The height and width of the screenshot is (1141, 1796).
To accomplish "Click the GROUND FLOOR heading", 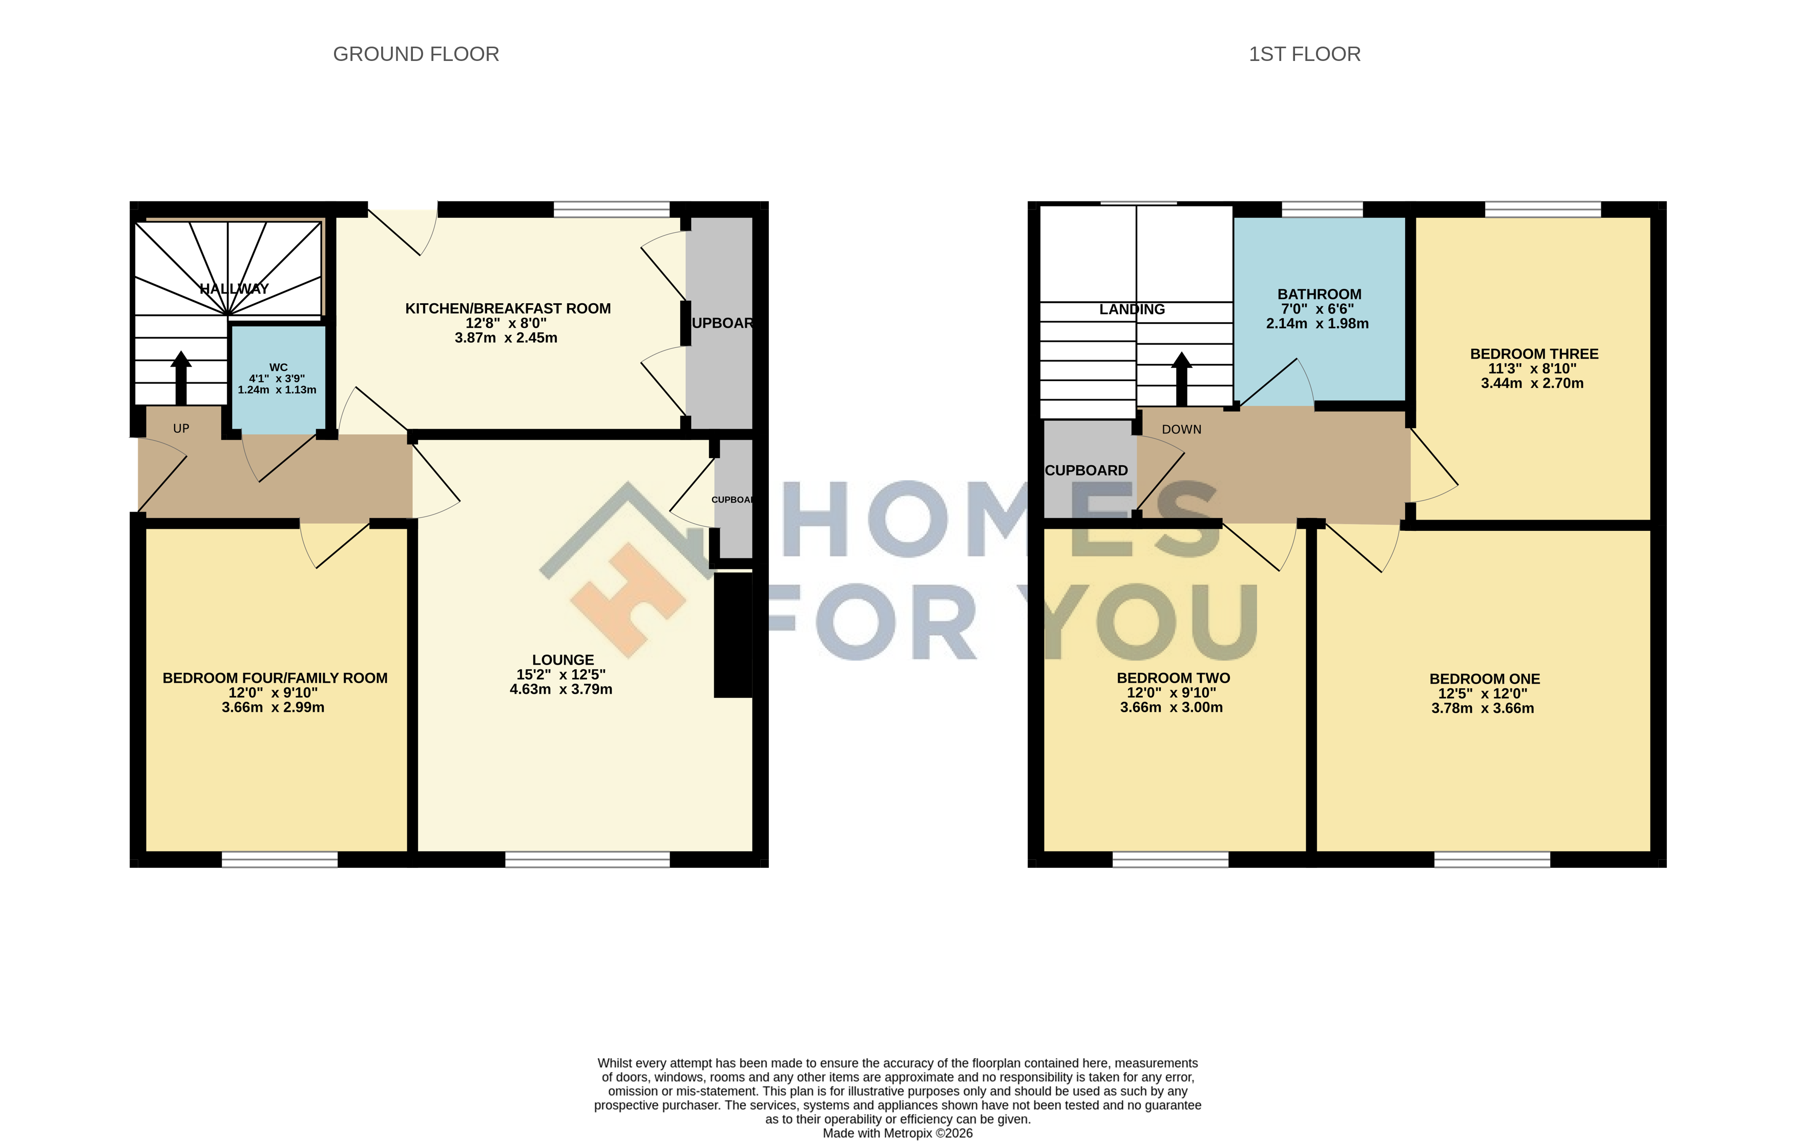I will click(x=415, y=54).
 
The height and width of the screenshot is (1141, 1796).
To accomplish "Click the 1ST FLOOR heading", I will click(x=1305, y=54).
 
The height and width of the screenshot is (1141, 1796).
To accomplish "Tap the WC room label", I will click(x=278, y=367).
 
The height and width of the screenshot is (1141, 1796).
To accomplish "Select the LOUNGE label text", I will click(x=563, y=660).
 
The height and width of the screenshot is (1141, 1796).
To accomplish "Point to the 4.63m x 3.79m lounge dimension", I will click(x=561, y=690).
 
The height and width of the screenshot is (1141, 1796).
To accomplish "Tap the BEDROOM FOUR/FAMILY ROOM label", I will click(x=275, y=678).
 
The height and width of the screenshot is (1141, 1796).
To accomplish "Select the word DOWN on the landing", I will click(x=1181, y=429).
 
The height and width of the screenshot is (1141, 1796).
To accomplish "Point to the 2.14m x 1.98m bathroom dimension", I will click(x=1317, y=324).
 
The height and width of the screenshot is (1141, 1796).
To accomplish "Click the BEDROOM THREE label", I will click(x=1534, y=354).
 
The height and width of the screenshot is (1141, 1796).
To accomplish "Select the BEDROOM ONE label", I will click(x=1484, y=679).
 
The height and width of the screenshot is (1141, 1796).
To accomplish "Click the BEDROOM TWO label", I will click(x=1173, y=678).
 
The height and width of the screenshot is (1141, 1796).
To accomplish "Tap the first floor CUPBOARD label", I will click(x=1086, y=470).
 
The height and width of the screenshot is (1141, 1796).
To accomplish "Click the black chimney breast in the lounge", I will click(x=733, y=634).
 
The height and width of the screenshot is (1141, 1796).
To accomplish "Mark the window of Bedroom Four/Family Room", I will click(x=280, y=860).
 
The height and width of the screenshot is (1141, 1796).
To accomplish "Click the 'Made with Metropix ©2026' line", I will click(x=897, y=1133).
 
